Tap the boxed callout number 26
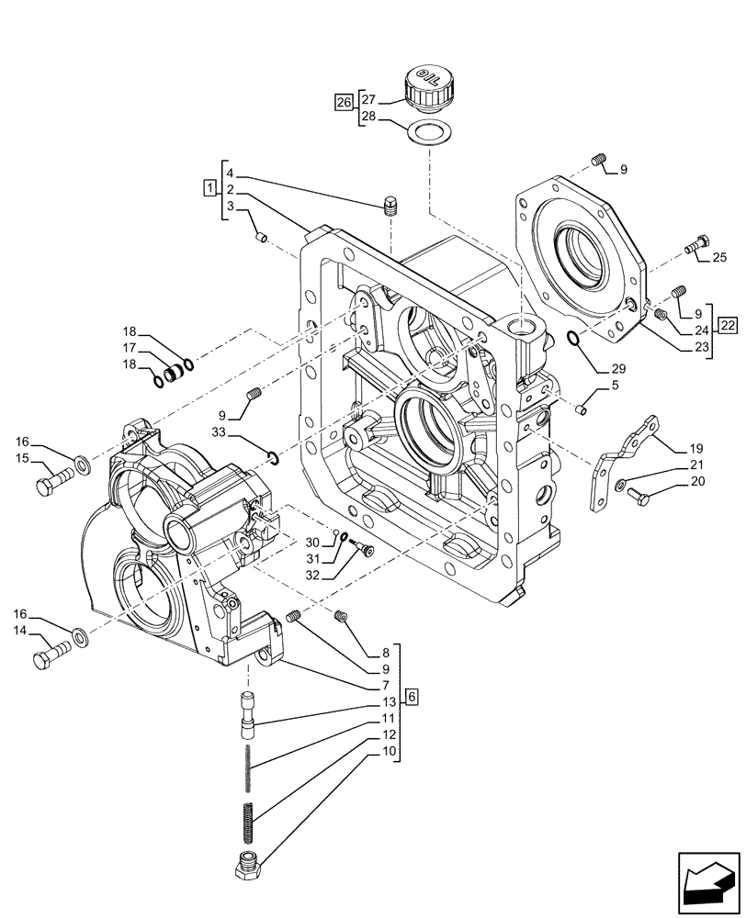(x=344, y=102)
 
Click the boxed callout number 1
(x=209, y=188)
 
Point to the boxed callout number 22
(x=727, y=324)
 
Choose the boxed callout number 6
(x=412, y=697)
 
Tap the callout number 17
(x=130, y=348)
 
